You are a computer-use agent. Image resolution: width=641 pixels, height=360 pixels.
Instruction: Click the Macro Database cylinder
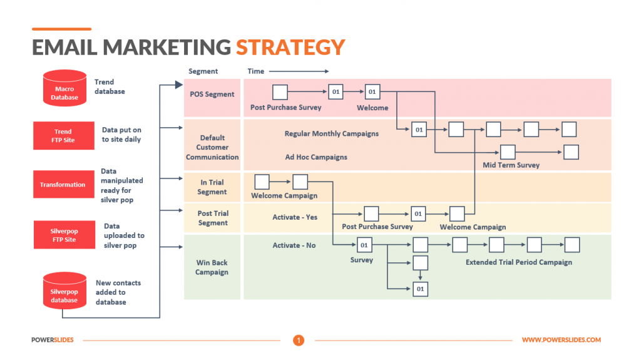point(64,88)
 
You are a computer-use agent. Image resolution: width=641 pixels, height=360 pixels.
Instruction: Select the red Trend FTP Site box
point(63,136)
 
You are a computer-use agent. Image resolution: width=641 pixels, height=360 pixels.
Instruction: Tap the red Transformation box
point(63,185)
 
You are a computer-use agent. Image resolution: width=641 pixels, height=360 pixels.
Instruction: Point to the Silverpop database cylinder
point(64,290)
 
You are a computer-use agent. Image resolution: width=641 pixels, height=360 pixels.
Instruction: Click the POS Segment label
point(212,95)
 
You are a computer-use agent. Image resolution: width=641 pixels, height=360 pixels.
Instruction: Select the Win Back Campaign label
point(212,267)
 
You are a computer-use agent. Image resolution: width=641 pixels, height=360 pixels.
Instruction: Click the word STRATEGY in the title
point(290,47)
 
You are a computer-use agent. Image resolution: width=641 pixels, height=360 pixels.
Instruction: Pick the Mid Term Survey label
point(511,165)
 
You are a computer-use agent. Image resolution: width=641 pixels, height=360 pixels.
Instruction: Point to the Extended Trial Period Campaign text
point(519,262)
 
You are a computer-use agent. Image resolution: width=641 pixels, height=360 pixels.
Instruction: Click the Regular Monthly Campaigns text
point(331,133)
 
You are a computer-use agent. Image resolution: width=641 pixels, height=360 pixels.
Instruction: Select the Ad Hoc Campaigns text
point(316,157)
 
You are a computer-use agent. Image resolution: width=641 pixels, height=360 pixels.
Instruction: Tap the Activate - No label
point(294,245)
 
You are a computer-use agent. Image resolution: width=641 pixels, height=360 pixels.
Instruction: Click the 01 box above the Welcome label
point(372,93)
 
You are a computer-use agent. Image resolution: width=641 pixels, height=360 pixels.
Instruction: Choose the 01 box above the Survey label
point(364,245)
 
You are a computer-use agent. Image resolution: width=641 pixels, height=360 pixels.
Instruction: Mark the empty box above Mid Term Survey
point(508,152)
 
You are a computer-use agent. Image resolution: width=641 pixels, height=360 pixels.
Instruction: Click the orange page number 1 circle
point(299,340)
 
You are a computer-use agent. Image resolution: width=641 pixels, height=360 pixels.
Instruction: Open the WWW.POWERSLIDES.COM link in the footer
point(561,340)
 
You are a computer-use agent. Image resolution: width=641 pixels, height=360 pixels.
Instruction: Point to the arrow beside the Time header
point(298,71)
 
